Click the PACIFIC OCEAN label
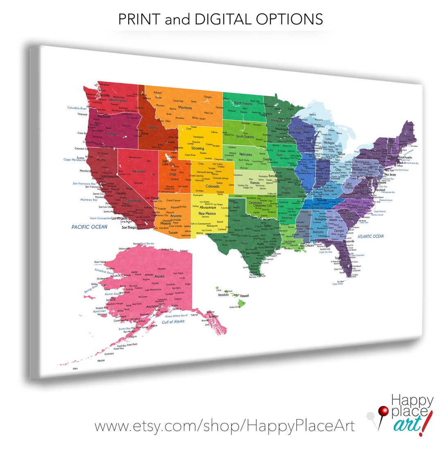89,227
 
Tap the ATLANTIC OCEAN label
370,236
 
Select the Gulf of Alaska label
173,322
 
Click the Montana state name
185,108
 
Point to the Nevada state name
138,171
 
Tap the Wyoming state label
198,149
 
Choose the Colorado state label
212,186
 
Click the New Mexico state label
207,213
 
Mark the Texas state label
244,243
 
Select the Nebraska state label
246,154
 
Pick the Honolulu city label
223,295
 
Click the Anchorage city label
154,306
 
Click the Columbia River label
77,108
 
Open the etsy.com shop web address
225,426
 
